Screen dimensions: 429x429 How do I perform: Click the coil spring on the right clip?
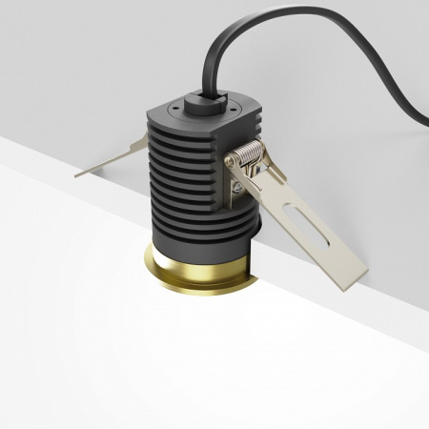click(x=250, y=154)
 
